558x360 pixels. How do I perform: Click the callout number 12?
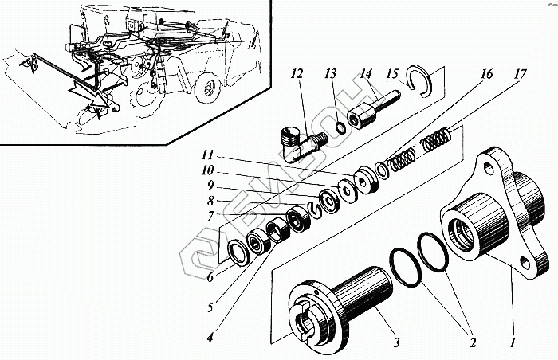pyautogui.click(x=297, y=76)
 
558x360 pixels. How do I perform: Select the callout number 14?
pyautogui.click(x=366, y=75)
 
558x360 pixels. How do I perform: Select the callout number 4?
pyautogui.click(x=209, y=338)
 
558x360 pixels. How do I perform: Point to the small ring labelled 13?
pyautogui.click(x=340, y=125)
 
